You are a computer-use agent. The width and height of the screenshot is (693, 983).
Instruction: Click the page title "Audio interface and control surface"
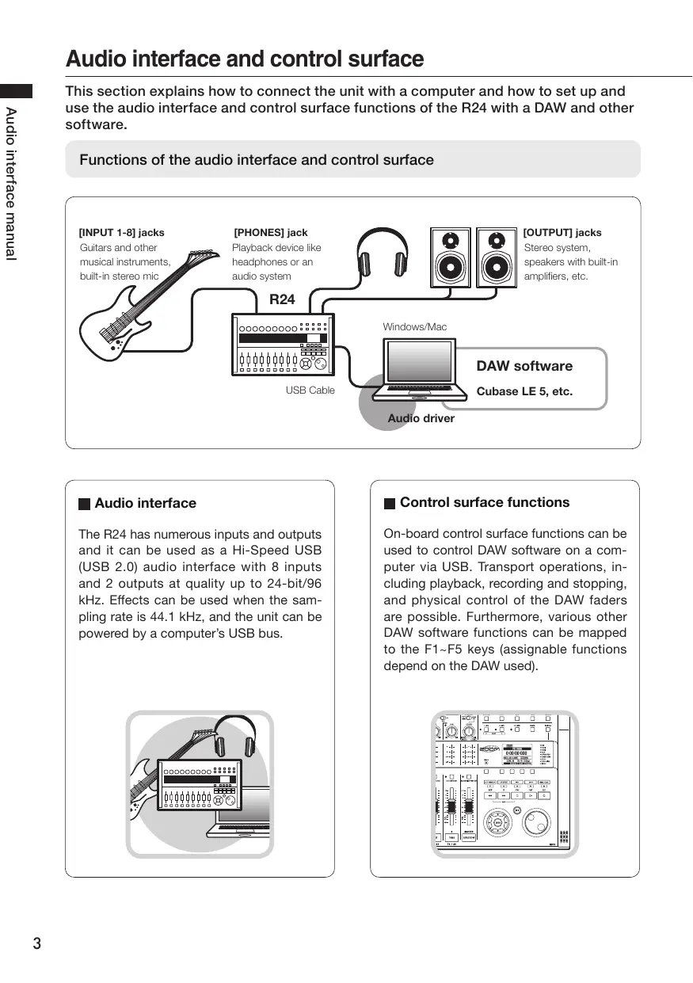click(245, 59)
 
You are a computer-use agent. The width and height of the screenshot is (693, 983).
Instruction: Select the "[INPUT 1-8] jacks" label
click(122, 233)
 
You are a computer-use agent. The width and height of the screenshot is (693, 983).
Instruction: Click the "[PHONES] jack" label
click(271, 233)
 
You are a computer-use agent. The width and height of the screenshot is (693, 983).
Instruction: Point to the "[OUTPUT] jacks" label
click(562, 233)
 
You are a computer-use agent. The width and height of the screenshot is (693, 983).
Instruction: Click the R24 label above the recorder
click(282, 299)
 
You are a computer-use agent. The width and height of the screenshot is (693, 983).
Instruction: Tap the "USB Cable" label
click(310, 391)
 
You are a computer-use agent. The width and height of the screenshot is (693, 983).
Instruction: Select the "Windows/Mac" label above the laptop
click(414, 327)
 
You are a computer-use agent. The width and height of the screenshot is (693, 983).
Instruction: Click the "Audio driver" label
click(421, 418)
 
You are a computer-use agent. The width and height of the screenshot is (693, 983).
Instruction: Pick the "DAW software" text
click(524, 366)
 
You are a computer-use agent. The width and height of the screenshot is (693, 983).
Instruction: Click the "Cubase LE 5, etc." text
click(524, 392)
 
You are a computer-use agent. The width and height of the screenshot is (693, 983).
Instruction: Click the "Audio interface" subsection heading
click(145, 503)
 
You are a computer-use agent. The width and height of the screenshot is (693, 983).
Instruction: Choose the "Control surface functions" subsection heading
click(484, 502)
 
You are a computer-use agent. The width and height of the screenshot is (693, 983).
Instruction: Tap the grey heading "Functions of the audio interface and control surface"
click(257, 160)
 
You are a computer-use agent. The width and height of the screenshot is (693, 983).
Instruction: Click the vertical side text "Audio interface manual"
click(10, 182)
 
